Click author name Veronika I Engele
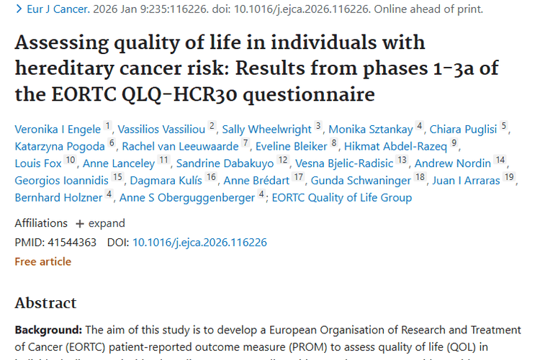[x=58, y=130]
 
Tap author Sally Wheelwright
[x=267, y=130]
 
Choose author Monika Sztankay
[x=370, y=130]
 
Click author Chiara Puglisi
[x=464, y=130]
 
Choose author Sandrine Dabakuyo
[x=226, y=163]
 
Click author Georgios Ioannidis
[x=61, y=180]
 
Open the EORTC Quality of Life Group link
[x=342, y=197]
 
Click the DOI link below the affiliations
[x=199, y=243]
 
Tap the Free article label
[x=42, y=261]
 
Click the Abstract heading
[x=45, y=302]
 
